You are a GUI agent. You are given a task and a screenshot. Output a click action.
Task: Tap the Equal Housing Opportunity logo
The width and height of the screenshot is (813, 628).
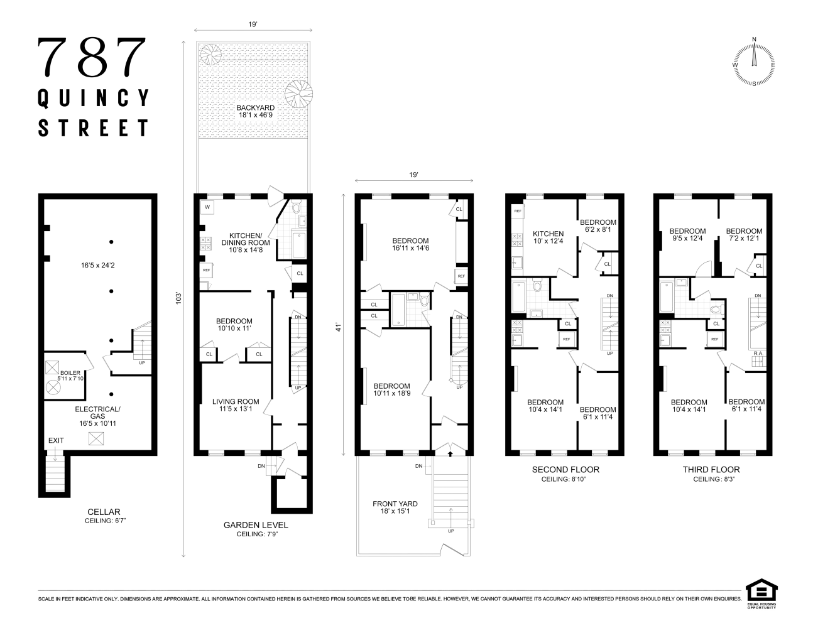761,594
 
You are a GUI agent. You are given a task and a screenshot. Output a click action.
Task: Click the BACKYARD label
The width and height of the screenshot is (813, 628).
256,107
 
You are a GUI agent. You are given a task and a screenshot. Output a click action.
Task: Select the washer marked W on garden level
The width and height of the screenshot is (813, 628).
207,207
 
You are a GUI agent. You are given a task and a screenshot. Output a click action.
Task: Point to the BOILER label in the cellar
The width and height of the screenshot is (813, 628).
70,372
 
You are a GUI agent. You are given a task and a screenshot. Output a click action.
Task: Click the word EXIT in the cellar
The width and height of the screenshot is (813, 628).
56,440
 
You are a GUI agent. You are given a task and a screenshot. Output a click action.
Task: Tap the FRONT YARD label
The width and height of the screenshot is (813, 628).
395,504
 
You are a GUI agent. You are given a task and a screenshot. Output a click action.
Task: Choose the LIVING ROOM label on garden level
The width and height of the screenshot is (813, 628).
236,401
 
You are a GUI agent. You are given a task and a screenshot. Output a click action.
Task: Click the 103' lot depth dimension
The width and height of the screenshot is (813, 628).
179,298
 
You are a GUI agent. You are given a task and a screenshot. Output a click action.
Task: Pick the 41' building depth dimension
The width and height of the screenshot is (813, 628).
339,327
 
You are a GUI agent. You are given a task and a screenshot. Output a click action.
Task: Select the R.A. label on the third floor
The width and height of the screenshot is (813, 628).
758,353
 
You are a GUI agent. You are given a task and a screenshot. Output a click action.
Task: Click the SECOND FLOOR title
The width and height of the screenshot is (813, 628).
565,470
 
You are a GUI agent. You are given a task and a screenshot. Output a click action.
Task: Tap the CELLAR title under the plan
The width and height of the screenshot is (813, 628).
104,512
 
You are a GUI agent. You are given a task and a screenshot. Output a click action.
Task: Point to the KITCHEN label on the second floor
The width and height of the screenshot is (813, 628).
548,234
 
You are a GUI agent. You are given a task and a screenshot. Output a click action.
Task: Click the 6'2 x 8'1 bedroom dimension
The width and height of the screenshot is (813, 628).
598,229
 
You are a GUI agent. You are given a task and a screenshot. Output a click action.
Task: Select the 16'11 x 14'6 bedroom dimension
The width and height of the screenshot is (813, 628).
410,248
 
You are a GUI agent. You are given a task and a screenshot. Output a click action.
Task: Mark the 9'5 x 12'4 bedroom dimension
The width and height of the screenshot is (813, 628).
688,238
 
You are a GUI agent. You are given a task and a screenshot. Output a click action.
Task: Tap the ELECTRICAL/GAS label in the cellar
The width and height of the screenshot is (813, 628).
97,413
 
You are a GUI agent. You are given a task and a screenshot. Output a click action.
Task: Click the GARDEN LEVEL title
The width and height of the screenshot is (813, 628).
256,525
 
